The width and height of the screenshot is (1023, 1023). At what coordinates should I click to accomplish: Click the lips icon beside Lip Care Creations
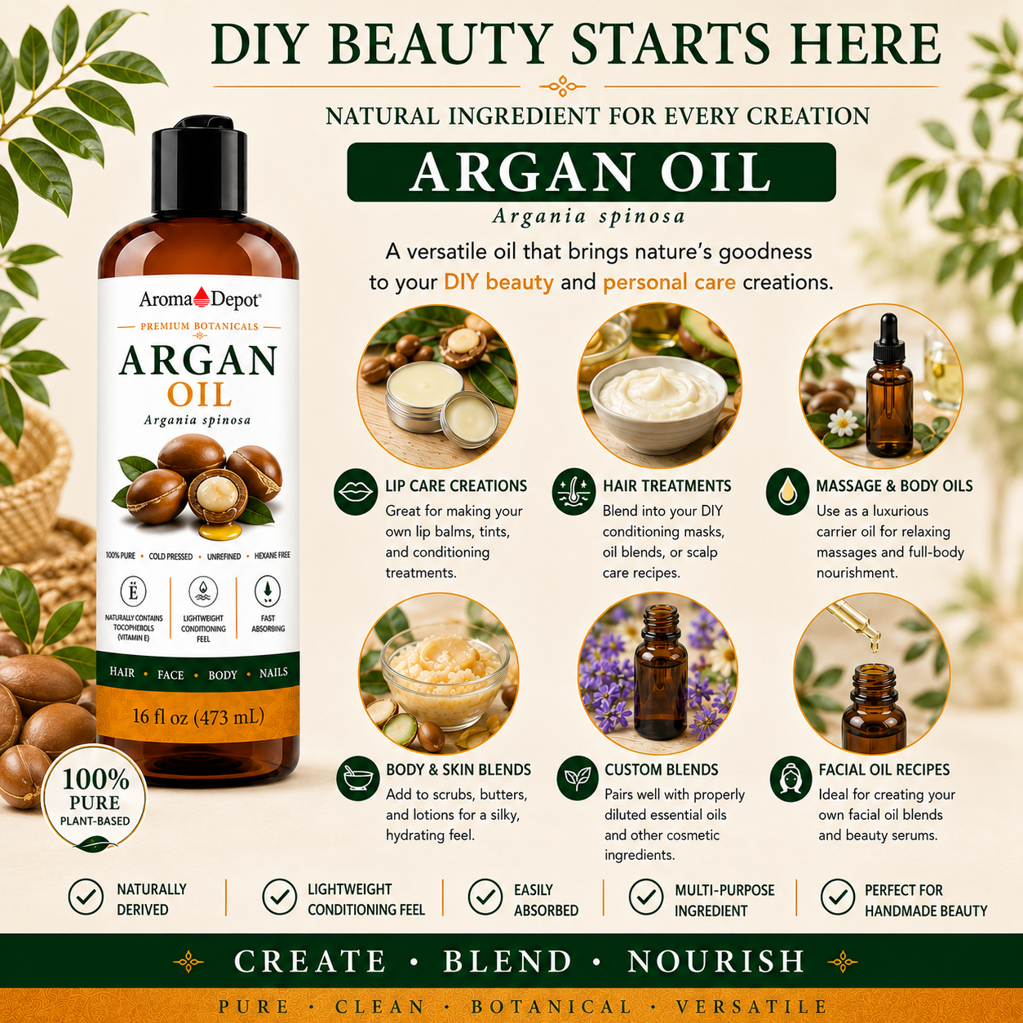click(x=356, y=492)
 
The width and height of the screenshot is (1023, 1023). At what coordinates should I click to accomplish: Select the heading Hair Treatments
click(x=666, y=485)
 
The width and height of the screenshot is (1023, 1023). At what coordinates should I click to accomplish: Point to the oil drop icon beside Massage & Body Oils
click(x=787, y=492)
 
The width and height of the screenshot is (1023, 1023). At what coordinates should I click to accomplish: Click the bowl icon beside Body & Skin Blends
click(x=358, y=777)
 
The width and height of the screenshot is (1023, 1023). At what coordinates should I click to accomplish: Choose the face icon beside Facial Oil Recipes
click(x=791, y=779)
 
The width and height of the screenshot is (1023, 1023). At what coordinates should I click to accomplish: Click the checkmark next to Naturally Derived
click(x=86, y=897)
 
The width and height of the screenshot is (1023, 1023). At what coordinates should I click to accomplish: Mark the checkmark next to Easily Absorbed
click(x=485, y=897)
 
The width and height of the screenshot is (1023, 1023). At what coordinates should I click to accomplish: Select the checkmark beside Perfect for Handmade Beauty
click(x=838, y=897)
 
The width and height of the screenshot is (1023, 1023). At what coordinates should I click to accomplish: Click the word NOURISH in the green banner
click(x=716, y=961)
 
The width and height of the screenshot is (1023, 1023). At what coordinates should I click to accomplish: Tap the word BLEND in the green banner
click(x=507, y=961)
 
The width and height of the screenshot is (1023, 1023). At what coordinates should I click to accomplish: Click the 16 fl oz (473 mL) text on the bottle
click(x=198, y=717)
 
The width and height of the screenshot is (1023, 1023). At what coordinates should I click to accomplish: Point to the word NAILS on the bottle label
click(x=273, y=673)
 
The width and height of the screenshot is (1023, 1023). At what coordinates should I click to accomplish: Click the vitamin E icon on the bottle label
click(x=133, y=592)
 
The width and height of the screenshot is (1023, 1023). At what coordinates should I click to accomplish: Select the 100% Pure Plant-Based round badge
click(x=95, y=799)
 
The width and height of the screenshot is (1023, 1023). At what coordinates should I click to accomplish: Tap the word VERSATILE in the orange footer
click(x=751, y=1007)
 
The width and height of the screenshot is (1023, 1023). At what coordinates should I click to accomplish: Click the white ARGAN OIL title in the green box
click(x=591, y=172)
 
